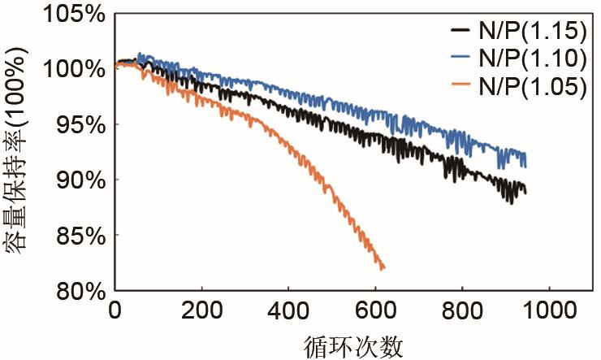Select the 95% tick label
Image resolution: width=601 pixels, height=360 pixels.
77,124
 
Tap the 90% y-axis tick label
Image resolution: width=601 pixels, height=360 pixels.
77,180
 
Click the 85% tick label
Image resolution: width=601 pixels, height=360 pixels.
77,236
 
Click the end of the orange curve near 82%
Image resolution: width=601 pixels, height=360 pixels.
383,267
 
